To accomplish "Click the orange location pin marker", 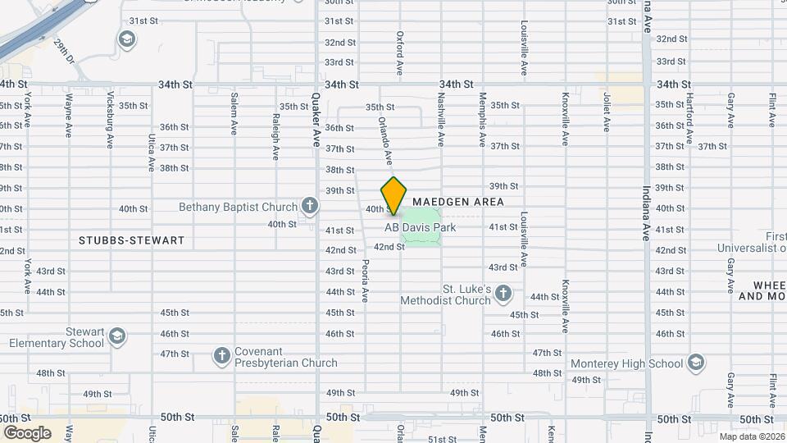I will pyautogui.click(x=394, y=194).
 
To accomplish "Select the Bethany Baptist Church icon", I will pyautogui.click(x=309, y=205).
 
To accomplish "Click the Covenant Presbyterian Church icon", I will pyautogui.click(x=221, y=356).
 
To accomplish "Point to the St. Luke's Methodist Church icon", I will pyautogui.click(x=503, y=293).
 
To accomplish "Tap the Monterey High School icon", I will pyautogui.click(x=696, y=363).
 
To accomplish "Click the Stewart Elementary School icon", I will pyautogui.click(x=117, y=336).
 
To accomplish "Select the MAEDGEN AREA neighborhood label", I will pyautogui.click(x=457, y=201).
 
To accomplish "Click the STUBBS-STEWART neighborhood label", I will pyautogui.click(x=132, y=240).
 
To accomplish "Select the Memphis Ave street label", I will pyautogui.click(x=483, y=119).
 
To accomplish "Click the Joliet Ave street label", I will pyautogui.click(x=607, y=113).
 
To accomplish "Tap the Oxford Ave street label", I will pyautogui.click(x=401, y=51).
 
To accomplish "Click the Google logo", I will pyautogui.click(x=27, y=432).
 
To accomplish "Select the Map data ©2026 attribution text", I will pyautogui.click(x=751, y=436).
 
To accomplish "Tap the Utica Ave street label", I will pyautogui.click(x=152, y=153).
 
